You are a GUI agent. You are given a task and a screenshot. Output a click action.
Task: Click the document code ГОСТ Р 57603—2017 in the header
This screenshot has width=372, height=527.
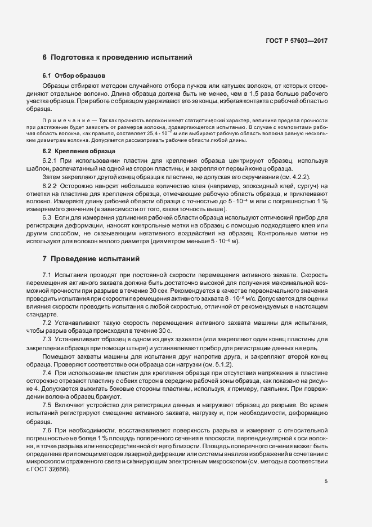pos(297,41)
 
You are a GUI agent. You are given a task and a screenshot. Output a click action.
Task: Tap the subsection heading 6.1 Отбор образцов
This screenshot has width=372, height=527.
pos(74,75)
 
